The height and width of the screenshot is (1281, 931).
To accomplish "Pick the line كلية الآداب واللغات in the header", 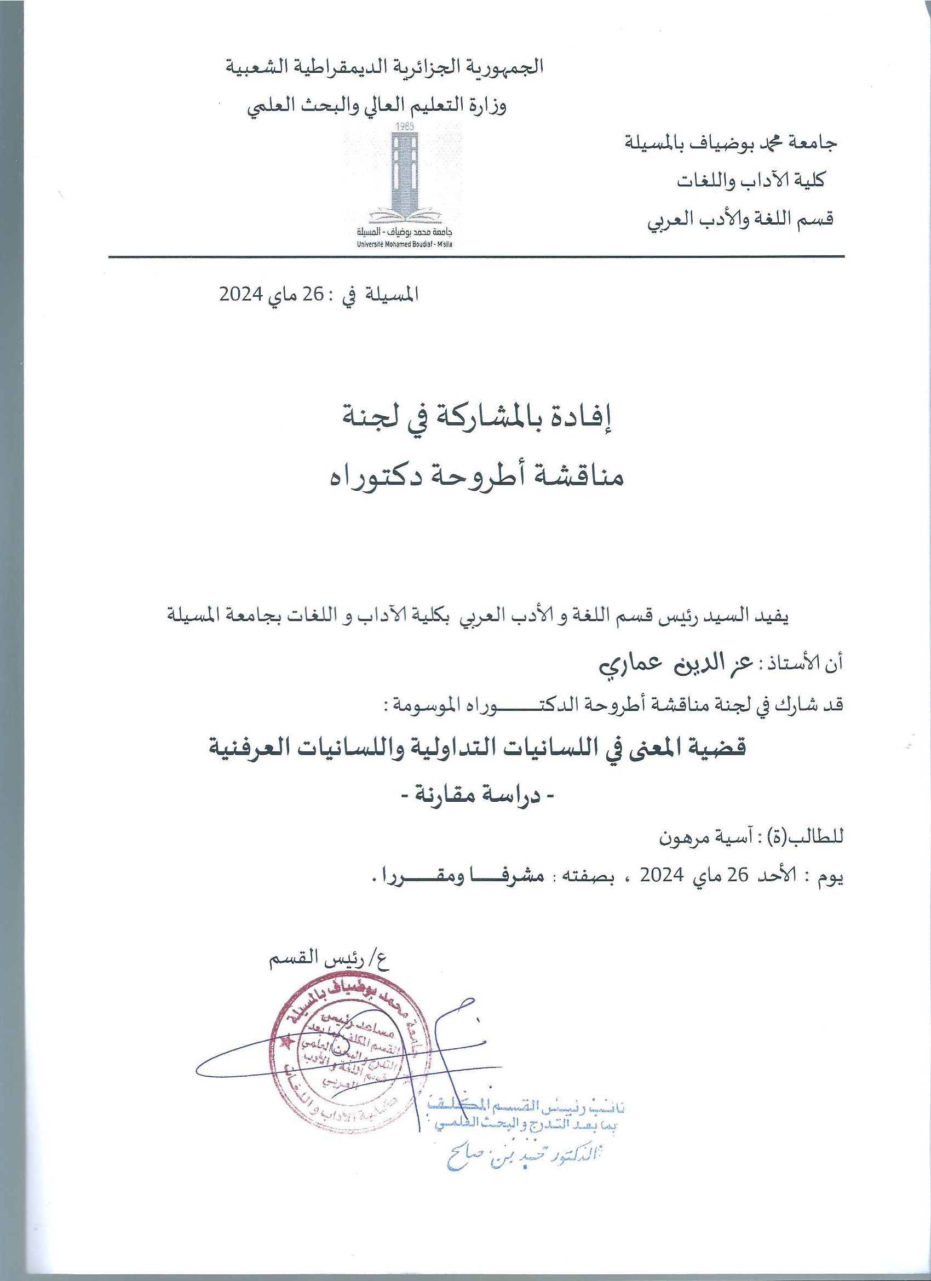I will click(x=751, y=181).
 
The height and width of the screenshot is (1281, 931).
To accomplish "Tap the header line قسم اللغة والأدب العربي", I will click(x=739, y=219).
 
